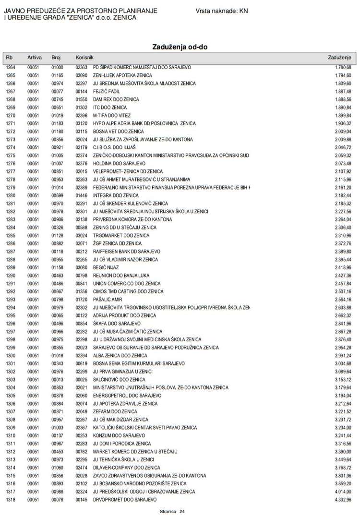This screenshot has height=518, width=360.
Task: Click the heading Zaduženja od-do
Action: (180, 47)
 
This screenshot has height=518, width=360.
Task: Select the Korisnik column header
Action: (84, 58)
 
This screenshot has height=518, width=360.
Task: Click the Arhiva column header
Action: (35, 58)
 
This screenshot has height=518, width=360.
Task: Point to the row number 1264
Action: (11, 68)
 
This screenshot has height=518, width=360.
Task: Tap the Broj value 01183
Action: (57, 123)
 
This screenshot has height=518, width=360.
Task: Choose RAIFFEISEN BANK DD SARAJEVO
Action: (126, 252)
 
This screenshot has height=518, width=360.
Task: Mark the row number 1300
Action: (11, 356)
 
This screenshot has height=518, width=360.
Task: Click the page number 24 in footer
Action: (182, 512)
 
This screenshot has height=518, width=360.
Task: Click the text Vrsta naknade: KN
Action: (222, 11)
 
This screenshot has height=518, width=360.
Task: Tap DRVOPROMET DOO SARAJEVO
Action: (124, 500)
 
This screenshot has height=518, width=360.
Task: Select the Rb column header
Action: (9, 58)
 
